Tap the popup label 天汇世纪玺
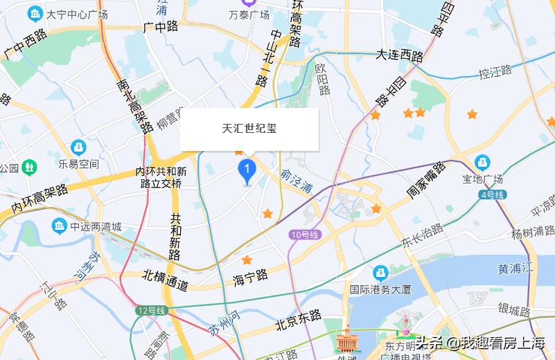[x=249, y=129]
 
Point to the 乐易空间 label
[x=78, y=164]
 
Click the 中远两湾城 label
[x=95, y=226]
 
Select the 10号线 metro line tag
[x=306, y=235]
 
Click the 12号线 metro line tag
[x=152, y=311]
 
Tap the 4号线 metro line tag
[x=491, y=195]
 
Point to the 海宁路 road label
[x=250, y=276]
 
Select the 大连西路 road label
[x=399, y=55]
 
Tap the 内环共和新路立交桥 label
[x=161, y=177]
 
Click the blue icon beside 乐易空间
[x=78, y=147]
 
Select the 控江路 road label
[x=495, y=71]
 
